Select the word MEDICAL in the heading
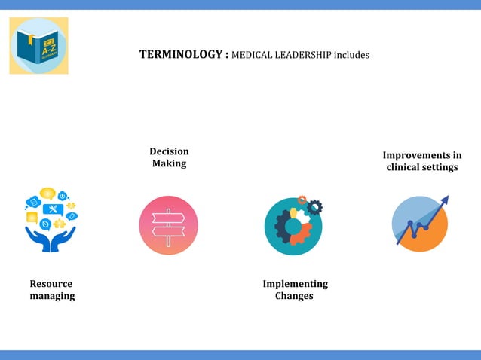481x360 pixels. pos(251,55)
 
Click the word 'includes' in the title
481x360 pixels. pos(349,55)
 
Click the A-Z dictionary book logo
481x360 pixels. pos(38,46)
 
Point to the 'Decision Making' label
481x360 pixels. pos(169,157)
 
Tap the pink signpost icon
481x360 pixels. pos(169,225)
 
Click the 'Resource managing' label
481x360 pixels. pos(52,290)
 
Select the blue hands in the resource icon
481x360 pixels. pos(51,239)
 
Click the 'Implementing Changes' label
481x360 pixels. pos(295,290)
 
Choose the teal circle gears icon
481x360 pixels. pos(293,227)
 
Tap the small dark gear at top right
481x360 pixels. pos(315,206)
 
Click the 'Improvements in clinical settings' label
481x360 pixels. pos(422,161)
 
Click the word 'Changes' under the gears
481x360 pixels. pos(294,296)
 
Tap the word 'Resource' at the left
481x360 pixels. pos(51,284)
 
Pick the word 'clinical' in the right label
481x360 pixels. pos(405,167)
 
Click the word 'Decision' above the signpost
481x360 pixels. pos(169,151)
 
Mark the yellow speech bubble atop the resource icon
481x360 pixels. pos(47,194)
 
